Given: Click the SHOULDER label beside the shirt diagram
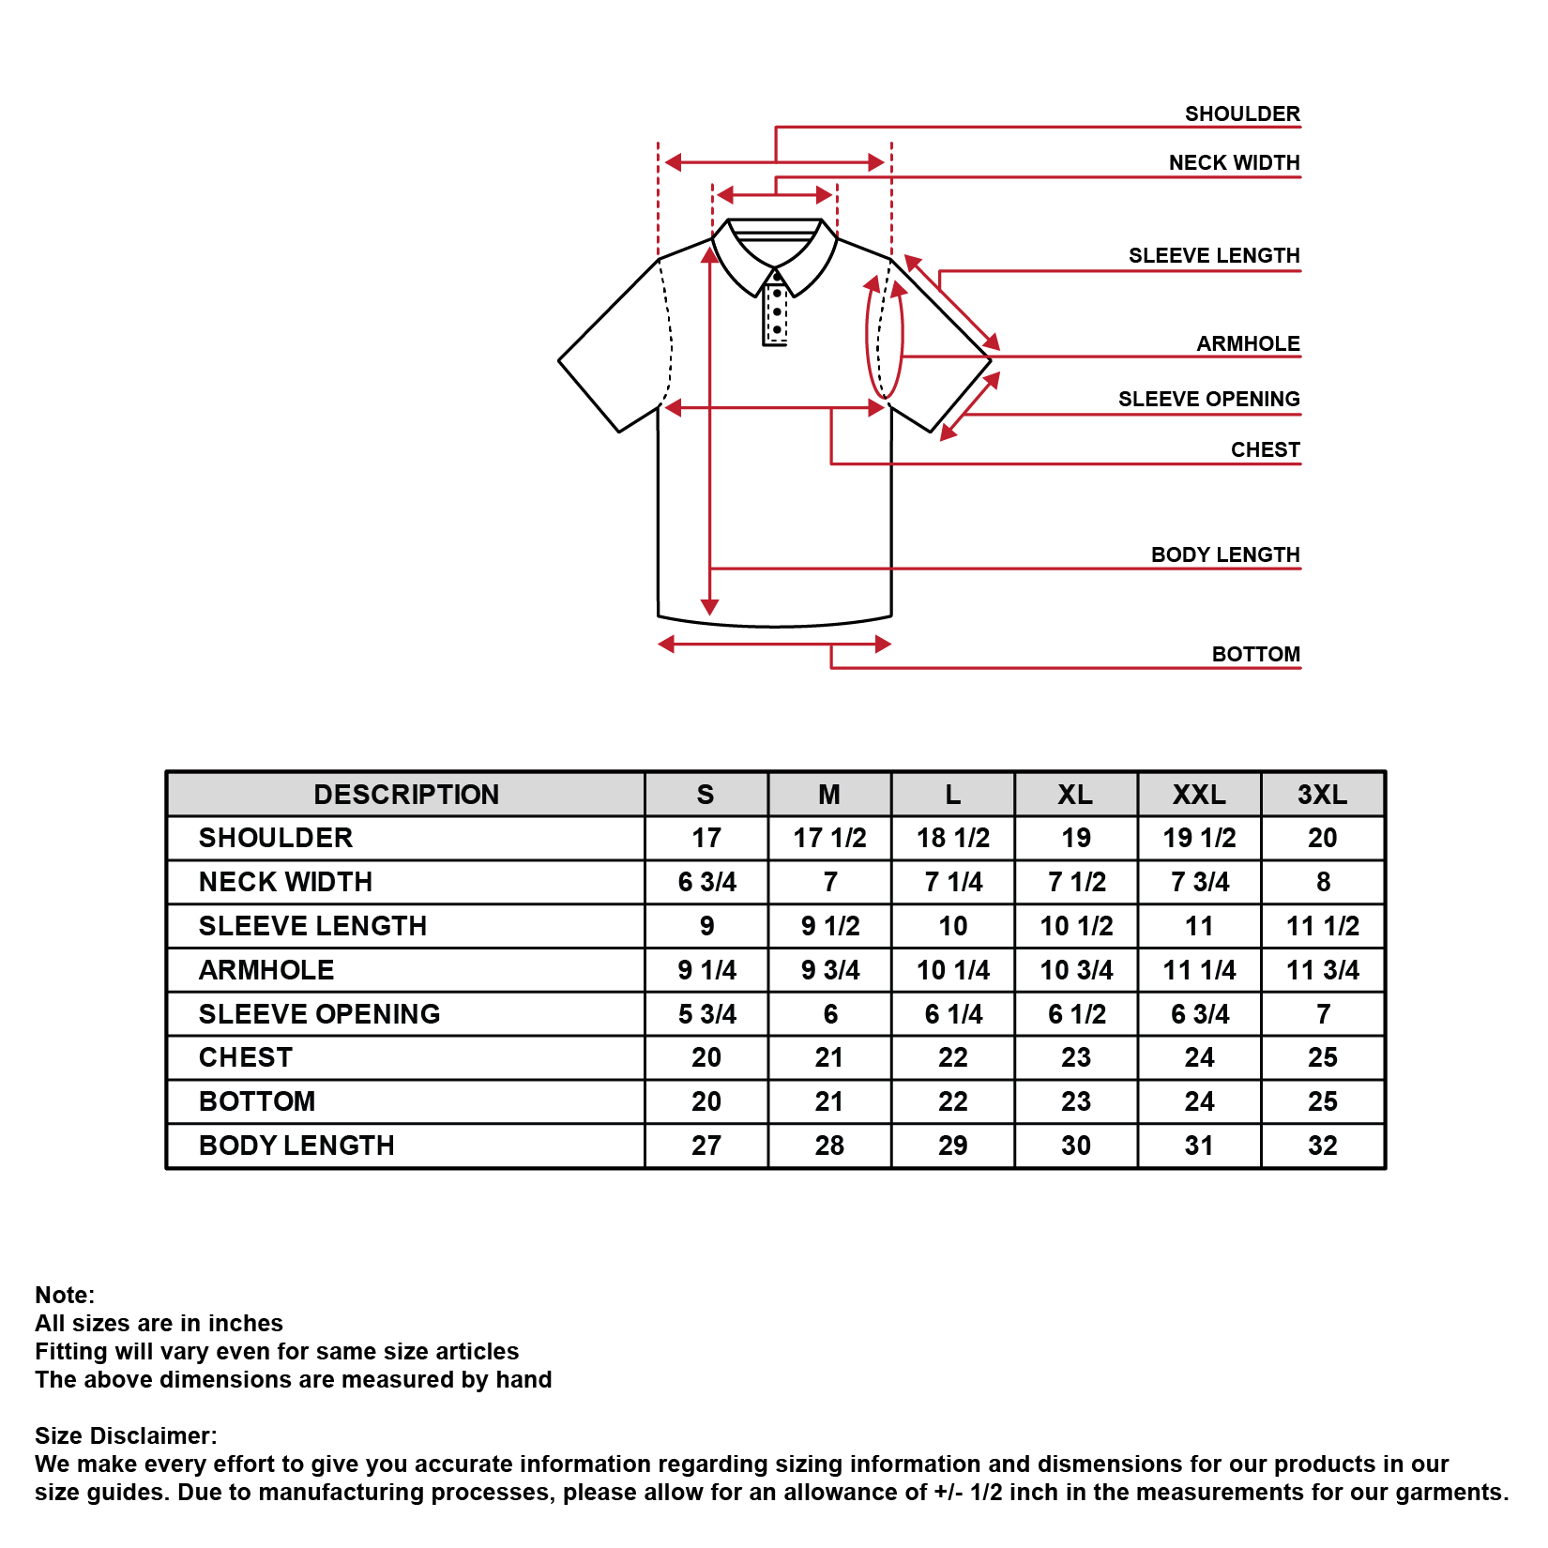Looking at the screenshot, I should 1241,114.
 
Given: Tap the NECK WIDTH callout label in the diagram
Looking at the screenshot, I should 1234,163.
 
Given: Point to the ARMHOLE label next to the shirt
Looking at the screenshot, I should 1248,344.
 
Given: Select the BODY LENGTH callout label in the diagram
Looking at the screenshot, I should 1224,555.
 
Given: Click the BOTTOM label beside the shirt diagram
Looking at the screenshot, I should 1255,655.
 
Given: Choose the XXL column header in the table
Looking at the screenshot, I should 1199,795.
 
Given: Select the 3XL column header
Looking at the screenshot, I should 1322,795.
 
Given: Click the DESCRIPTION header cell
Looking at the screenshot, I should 406,795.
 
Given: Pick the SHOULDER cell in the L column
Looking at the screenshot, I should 952,838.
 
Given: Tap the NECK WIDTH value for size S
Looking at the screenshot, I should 706,882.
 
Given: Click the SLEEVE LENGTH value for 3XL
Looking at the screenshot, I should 1322,926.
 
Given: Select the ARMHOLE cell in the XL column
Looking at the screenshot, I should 1076,970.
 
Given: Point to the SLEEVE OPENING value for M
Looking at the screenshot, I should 829,1014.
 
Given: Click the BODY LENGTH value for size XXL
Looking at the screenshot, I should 1199,1146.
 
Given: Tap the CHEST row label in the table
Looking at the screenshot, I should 246,1057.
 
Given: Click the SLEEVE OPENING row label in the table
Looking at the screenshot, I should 319,1014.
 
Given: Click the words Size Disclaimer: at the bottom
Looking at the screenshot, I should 126,1436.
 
